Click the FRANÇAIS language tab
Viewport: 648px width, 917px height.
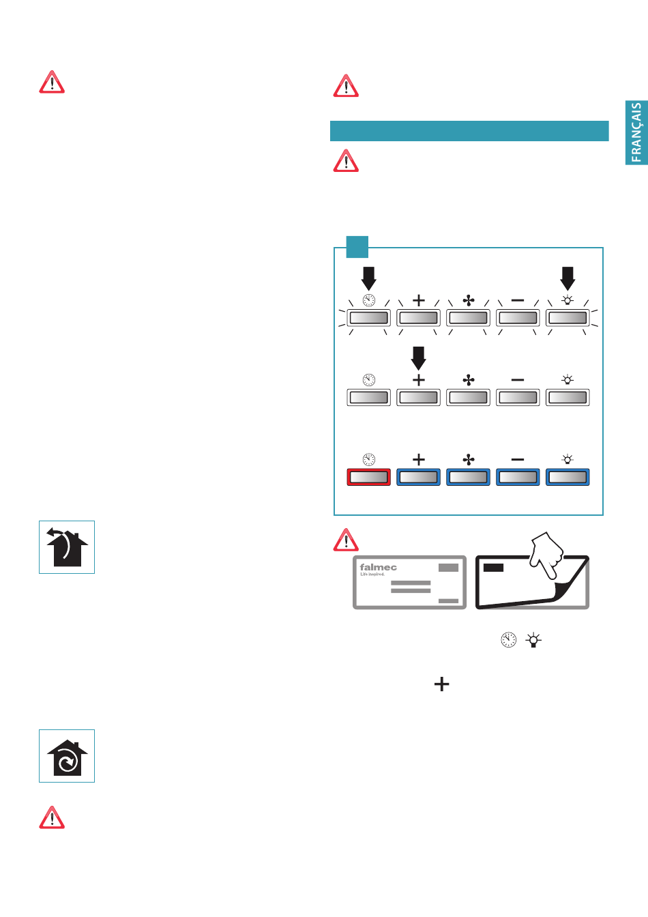pos(636,133)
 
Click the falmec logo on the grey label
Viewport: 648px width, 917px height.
pos(378,568)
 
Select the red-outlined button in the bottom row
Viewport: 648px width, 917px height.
pos(368,477)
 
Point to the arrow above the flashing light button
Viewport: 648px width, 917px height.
pos(568,278)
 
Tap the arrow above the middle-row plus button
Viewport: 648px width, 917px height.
pos(419,358)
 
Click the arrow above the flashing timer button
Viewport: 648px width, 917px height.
pos(368,278)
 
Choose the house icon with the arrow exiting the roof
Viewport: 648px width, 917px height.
pos(67,547)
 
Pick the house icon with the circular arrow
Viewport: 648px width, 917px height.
pos(67,756)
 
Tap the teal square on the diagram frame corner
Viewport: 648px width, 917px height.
pos(357,246)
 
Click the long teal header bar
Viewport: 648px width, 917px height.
pos(469,131)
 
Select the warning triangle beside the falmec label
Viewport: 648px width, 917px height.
pos(346,540)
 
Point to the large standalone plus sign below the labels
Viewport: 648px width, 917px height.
pos(442,684)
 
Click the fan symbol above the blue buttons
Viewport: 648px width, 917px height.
pos(469,460)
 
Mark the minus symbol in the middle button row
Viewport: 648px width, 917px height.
pos(518,380)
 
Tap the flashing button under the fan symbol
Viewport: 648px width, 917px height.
pos(469,318)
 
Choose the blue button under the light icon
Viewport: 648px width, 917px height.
pos(568,477)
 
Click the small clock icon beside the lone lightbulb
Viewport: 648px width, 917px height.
pos(508,640)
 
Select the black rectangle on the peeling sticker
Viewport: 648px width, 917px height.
pos(493,567)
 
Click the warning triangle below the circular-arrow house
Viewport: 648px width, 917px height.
pos(52,817)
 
